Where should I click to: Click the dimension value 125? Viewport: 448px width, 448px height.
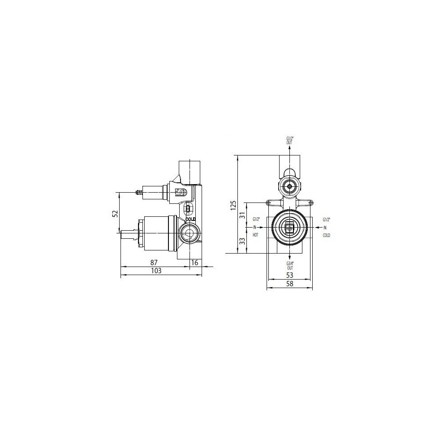pos(233,205)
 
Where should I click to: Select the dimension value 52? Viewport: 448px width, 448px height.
pos(115,213)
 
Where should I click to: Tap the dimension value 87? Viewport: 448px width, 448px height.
pos(154,262)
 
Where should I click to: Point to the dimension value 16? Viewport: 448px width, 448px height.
pos(194,262)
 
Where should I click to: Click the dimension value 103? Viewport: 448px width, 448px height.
pos(156,271)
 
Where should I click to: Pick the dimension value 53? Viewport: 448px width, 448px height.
pos(290,275)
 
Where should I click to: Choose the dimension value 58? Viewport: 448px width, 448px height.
pos(290,284)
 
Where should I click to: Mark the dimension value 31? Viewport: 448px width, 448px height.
pos(242,215)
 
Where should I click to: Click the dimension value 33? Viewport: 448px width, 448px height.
pos(242,241)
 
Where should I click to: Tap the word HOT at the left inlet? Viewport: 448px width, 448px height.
pos(255,235)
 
